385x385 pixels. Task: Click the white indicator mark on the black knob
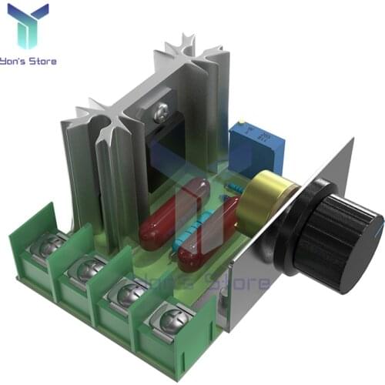377,220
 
